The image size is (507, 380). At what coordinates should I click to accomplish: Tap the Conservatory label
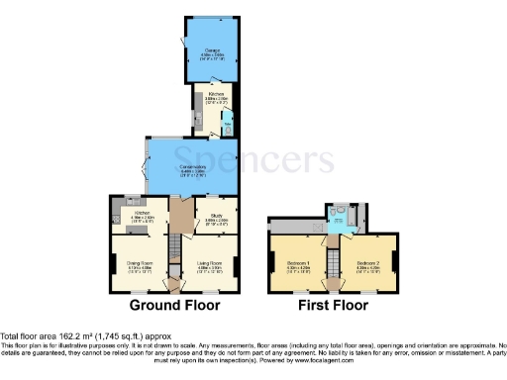pos(192,169)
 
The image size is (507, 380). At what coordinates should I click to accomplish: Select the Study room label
pos(218,216)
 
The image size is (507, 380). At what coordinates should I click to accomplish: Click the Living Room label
pos(209,264)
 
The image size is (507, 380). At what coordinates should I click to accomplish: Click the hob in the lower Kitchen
pos(118,205)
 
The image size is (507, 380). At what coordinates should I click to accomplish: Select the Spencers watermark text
pos(253,160)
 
